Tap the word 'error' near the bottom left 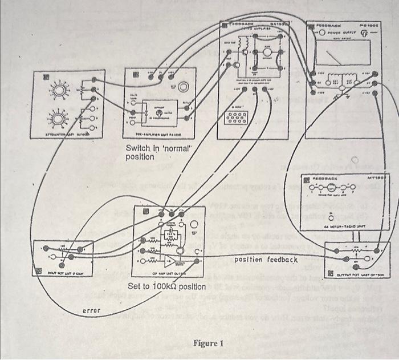coord(91,310)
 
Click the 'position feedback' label coord(266,260)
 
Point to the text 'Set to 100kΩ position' coord(166,286)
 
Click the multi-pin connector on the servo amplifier coord(237,118)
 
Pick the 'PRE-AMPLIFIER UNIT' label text coord(157,135)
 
